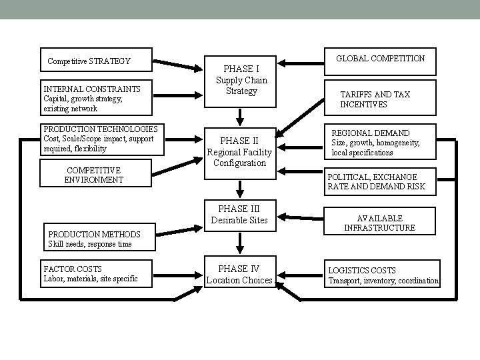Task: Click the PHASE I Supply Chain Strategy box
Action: tap(241, 80)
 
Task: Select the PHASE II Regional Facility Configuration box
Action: tap(240, 152)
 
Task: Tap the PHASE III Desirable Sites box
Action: tap(240, 215)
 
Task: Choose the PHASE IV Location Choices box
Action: tap(240, 275)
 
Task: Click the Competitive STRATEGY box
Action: tap(96, 61)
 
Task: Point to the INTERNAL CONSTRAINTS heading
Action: tap(92, 89)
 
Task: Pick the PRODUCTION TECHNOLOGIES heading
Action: tap(101, 129)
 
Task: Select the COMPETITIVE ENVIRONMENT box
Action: tap(95, 175)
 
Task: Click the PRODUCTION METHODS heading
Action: tap(95, 234)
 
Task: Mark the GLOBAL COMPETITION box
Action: tap(380, 59)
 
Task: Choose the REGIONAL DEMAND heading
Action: tap(371, 133)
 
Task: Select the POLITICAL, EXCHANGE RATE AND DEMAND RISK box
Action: tap(380, 182)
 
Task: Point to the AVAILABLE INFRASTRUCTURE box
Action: tap(380, 223)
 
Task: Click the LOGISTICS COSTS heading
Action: tap(362, 270)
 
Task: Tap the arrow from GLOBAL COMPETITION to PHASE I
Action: tap(300, 63)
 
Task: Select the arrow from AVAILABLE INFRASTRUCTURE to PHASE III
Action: tap(300, 216)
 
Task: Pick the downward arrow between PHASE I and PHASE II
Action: tap(241, 117)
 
